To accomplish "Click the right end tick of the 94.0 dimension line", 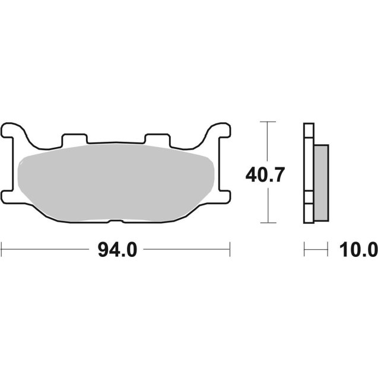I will [230, 250].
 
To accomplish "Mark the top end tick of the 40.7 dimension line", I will [268, 122].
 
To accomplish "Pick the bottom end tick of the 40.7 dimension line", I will [268, 223].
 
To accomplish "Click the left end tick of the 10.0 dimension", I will [304, 250].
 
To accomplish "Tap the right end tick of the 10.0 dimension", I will [327, 250].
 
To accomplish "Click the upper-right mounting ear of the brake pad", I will [218, 130].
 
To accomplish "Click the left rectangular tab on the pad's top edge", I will [74, 138].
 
